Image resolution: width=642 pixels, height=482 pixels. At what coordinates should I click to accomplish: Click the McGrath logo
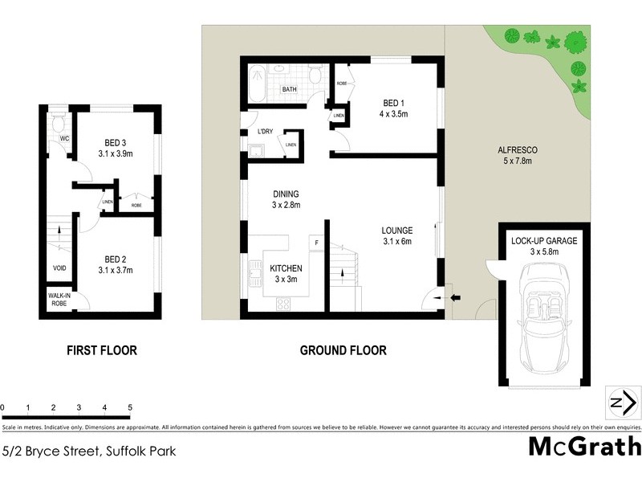[583, 447]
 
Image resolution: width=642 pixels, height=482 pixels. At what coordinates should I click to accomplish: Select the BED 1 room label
[393, 104]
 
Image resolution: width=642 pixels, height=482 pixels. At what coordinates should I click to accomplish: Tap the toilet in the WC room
[58, 123]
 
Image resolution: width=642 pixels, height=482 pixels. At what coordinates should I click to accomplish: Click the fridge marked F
[316, 243]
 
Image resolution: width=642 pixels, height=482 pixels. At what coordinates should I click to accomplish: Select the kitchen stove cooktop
[283, 304]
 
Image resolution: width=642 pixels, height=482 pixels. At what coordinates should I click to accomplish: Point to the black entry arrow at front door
[455, 299]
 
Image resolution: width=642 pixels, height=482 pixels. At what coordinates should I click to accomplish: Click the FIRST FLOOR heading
[101, 350]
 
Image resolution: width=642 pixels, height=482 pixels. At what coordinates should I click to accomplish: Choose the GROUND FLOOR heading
[343, 350]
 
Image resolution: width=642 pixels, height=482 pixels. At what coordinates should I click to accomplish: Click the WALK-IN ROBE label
[59, 300]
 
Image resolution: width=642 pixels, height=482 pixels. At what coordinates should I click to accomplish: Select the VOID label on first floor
[59, 268]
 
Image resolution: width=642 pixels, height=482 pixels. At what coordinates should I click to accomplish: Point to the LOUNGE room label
[396, 231]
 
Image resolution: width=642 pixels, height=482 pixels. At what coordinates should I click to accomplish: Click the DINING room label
[286, 194]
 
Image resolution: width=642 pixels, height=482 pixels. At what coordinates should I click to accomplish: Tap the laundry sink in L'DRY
[257, 150]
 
